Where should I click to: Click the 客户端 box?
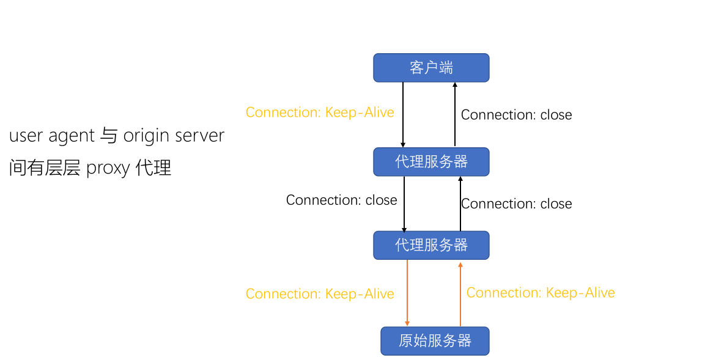click(431, 67)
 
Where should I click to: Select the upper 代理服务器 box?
click(431, 161)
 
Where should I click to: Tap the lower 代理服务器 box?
click(431, 245)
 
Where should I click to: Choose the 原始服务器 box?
click(435, 340)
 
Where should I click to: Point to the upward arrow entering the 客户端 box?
click(454, 114)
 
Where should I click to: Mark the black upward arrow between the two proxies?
click(460, 204)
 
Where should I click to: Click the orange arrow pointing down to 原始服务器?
click(407, 293)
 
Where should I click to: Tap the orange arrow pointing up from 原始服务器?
click(460, 293)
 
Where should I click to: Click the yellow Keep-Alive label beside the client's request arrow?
click(320, 112)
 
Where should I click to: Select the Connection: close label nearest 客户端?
click(516, 115)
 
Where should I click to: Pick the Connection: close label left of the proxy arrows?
click(341, 200)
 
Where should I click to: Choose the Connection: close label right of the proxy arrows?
click(517, 204)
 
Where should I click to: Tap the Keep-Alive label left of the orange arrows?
click(320, 294)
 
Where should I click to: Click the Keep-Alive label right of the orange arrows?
click(541, 293)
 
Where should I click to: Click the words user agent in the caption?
click(51, 136)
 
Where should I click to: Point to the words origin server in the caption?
click(174, 136)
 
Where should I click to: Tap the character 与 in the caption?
click(108, 136)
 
